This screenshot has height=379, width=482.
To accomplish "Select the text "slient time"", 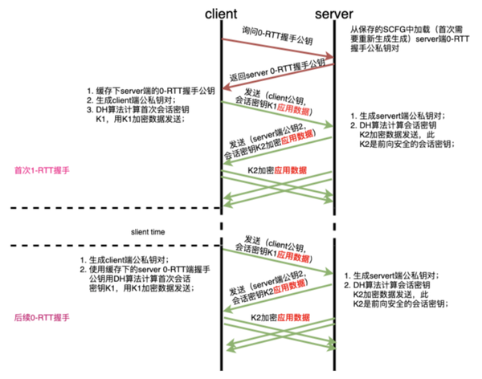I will pyautogui.click(x=148, y=231).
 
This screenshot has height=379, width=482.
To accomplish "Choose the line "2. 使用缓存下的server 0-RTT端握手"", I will pyautogui.click(x=149, y=270).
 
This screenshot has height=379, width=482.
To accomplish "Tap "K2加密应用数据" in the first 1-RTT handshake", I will pyautogui.click(x=277, y=170).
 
